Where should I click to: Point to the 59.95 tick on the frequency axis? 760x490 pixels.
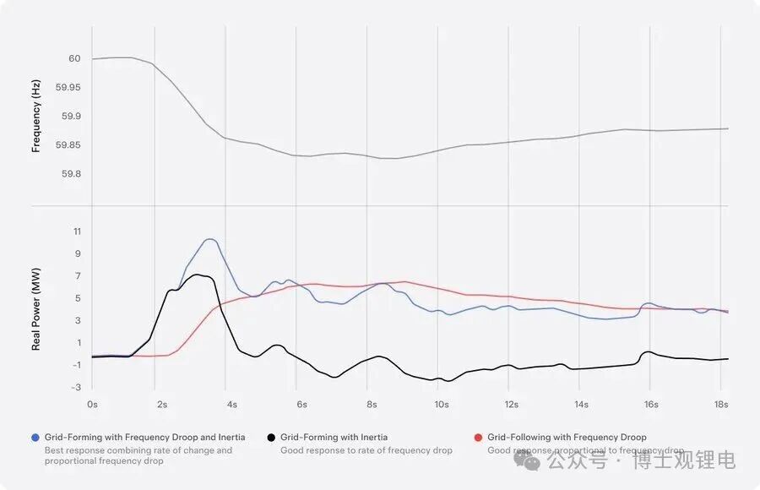68,88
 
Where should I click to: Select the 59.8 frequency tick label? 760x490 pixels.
72,174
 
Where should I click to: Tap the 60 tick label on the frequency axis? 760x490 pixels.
74,59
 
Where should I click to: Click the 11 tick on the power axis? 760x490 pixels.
76,231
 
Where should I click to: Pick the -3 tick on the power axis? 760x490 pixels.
75,387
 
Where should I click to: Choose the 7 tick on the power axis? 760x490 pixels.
77,276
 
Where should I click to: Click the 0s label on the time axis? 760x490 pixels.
92,404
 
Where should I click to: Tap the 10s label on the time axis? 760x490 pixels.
441,404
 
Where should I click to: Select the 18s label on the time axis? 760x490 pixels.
720,404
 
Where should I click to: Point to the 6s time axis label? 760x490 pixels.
301,404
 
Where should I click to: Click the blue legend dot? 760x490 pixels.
35,438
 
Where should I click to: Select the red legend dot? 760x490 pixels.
478,438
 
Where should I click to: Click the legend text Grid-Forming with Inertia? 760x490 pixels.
334,438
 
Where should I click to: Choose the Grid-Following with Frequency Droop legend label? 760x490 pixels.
567,438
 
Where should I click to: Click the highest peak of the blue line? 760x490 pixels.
209,239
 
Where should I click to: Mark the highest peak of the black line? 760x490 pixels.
197,275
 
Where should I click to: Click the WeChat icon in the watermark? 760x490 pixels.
535,461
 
